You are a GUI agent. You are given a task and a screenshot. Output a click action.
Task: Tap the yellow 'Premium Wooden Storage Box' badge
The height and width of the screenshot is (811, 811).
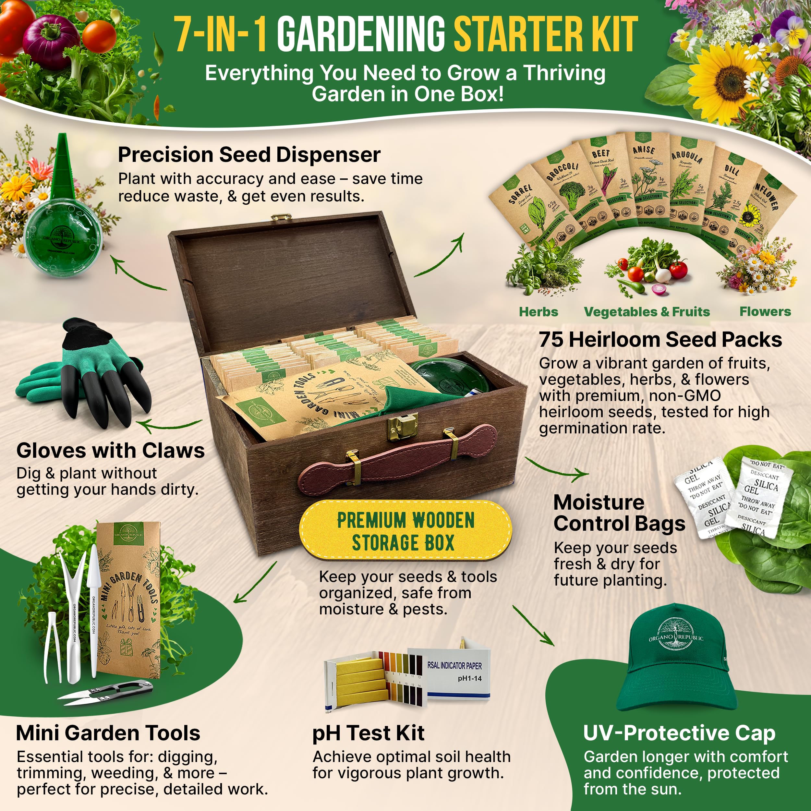[x=405, y=530]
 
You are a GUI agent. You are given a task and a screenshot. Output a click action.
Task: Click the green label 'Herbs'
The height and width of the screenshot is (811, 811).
[x=538, y=311]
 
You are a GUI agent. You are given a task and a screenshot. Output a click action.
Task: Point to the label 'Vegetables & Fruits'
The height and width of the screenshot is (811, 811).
[x=647, y=311]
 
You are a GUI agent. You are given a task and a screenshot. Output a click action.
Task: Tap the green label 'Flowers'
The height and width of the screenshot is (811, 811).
[x=765, y=311]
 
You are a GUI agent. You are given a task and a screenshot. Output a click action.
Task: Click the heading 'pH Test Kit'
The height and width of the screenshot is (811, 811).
[x=368, y=733]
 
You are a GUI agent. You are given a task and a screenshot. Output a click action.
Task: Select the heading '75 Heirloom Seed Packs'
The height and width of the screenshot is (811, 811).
[x=660, y=339]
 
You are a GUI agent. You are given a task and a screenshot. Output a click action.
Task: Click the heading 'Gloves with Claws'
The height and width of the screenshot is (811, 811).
[x=110, y=450]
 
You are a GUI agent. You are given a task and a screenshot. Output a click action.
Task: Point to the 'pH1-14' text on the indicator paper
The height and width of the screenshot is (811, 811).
[x=469, y=678]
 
